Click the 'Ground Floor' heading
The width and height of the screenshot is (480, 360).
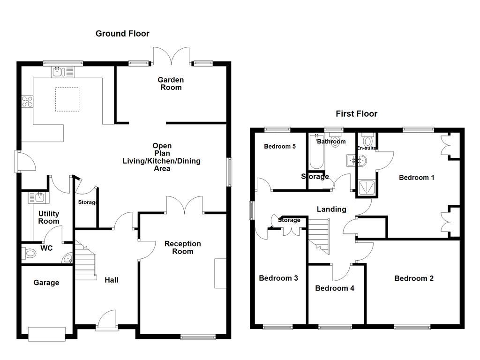pyautogui.click(x=122, y=33)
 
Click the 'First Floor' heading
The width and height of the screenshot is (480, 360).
pyautogui.click(x=356, y=113)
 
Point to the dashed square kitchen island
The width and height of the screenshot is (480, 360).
pyautogui.click(x=67, y=99)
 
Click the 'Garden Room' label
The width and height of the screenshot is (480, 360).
pyautogui.click(x=171, y=83)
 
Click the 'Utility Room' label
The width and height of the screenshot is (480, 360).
pyautogui.click(x=49, y=217)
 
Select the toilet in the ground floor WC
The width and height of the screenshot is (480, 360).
pyautogui.click(x=29, y=254)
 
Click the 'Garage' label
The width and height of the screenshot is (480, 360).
pyautogui.click(x=46, y=283)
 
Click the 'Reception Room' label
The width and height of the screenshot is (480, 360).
pyautogui.click(x=183, y=247)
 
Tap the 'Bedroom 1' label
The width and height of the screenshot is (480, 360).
pyautogui.click(x=416, y=177)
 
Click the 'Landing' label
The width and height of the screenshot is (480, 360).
pyautogui.click(x=331, y=209)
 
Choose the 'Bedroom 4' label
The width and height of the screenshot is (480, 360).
pyautogui.click(x=334, y=288)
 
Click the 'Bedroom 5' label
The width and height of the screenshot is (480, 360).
pyautogui.click(x=280, y=146)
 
